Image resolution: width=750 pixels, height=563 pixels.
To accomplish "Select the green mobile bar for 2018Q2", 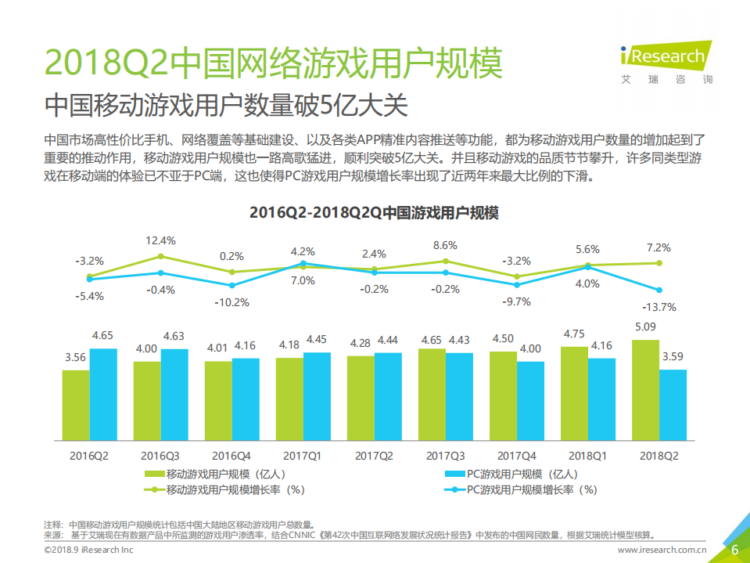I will [645, 389].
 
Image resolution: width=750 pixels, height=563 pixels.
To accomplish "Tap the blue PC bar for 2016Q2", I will [103, 394].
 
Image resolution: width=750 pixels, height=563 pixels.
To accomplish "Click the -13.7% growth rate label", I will [658, 306].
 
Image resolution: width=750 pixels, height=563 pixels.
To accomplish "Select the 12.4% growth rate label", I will [160, 240].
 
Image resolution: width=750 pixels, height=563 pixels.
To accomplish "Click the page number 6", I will [734, 549].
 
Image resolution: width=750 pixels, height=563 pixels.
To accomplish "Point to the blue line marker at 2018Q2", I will [659, 290].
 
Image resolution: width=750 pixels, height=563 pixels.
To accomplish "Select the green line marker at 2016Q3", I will [161, 256].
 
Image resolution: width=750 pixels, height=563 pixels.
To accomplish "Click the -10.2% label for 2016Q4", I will [231, 302].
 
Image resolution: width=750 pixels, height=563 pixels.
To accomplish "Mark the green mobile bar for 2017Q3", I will [432, 394].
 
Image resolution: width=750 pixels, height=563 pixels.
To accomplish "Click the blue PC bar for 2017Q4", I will [530, 400].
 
